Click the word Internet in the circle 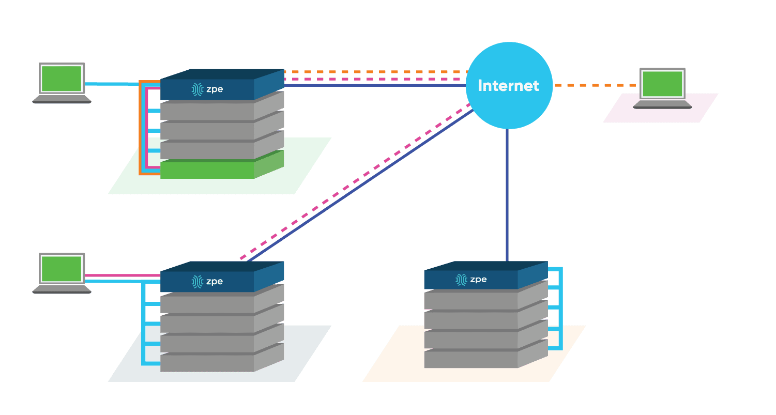(508, 86)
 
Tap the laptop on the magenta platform (662, 88)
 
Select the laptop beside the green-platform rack (62, 83)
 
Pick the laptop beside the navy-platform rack (62, 273)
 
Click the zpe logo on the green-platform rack (207, 89)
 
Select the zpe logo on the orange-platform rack (471, 280)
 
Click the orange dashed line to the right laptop (595, 85)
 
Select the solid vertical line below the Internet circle (507, 196)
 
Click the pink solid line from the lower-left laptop (122, 275)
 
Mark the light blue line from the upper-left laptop (111, 84)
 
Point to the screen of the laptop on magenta (662, 84)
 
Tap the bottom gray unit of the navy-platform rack (207, 363)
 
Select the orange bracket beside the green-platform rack (140, 129)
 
